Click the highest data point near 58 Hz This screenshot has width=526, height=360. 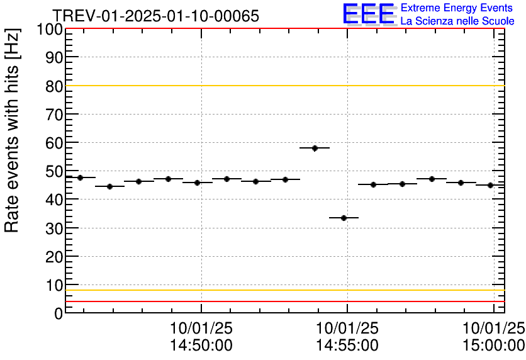click(x=315, y=148)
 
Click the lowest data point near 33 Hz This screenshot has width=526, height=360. click(x=344, y=218)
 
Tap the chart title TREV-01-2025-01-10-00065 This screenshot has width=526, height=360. click(x=155, y=16)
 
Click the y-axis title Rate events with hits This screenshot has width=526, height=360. click(x=13, y=130)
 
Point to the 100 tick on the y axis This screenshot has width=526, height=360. click(x=51, y=30)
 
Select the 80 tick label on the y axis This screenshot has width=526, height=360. click(x=54, y=86)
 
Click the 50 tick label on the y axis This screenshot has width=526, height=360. click(x=54, y=171)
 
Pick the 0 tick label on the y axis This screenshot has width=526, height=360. click(x=59, y=313)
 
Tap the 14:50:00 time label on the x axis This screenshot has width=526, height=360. click(x=201, y=345)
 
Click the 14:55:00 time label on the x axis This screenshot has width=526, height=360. click(x=347, y=345)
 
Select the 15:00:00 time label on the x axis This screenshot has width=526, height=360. click(x=494, y=345)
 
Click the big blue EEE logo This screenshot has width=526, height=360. click(x=369, y=14)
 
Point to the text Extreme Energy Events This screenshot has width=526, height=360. click(x=457, y=8)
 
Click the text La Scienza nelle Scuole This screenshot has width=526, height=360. click(x=457, y=21)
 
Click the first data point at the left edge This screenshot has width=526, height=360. click(x=80, y=177)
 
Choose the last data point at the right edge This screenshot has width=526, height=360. click(x=490, y=185)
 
